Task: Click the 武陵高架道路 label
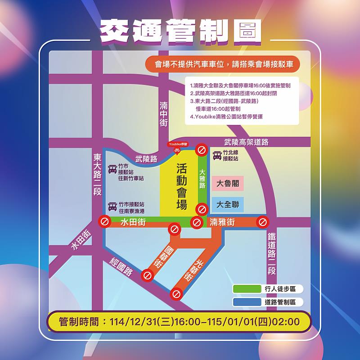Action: [246, 142]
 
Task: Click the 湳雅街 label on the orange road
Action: [222, 222]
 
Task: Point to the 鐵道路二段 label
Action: [272, 254]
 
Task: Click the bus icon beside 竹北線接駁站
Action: [217, 156]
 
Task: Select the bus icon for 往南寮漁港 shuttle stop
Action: [112, 207]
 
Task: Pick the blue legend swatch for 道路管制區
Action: [247, 302]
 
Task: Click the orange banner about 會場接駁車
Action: [222, 64]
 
